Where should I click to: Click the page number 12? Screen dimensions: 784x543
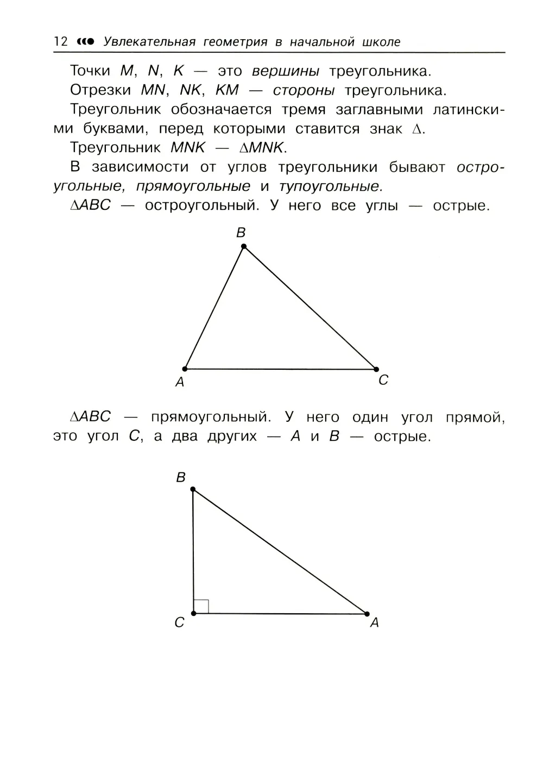pos(61,42)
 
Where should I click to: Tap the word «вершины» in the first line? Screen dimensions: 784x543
pos(286,71)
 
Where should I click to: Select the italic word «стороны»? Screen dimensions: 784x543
pos(304,90)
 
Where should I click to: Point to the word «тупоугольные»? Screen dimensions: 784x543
pos(331,186)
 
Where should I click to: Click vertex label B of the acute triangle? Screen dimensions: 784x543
pos(241,233)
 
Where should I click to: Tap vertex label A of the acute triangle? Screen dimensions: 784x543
pos(180,382)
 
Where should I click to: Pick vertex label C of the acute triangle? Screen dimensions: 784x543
pos(383,381)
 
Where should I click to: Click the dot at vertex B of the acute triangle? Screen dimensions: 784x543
pos(244,246)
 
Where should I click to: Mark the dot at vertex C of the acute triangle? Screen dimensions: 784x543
pos(376,369)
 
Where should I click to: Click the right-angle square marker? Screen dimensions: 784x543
pos(201,606)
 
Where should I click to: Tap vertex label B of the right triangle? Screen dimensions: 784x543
pos(181,477)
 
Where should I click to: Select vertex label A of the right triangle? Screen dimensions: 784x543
pos(374,623)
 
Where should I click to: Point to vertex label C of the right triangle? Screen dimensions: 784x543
pos(180,623)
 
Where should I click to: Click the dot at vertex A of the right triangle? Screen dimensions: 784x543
pos(367,614)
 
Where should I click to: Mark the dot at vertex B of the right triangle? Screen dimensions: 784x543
pos(193,489)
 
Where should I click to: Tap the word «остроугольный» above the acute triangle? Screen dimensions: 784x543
pos(200,206)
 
